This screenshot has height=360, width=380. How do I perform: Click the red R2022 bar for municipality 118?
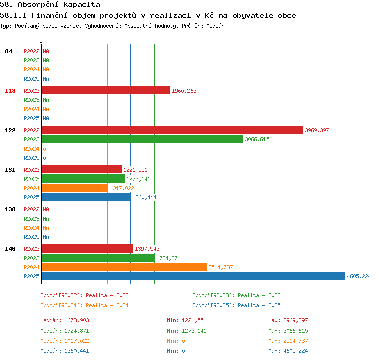pyautogui.click(x=106, y=90)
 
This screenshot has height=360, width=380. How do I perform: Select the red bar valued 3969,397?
pyautogui.click(x=172, y=130)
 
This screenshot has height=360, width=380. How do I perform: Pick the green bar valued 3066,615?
pyautogui.click(x=142, y=139)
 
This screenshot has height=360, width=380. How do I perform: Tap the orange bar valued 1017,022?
pyautogui.click(x=74, y=188)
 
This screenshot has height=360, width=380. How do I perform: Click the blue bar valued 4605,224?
pyautogui.click(x=193, y=276)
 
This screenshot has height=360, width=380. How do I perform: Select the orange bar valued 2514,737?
pyautogui.click(x=124, y=267)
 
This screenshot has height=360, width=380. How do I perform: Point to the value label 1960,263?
pyautogui.click(x=184, y=91)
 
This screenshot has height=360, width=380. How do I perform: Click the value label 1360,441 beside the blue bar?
pyautogui.click(x=144, y=197)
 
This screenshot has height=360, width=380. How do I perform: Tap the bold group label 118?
pyautogui.click(x=10, y=91)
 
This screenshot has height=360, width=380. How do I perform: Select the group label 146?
pyautogui.click(x=10, y=249)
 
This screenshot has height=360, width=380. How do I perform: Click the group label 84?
pyautogui.click(x=8, y=51)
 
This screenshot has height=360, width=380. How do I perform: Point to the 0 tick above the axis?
pyautogui.click(x=41, y=41)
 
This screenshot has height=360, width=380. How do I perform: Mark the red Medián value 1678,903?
pyautogui.click(x=77, y=320)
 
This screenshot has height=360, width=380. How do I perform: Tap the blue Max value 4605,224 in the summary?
pyautogui.click(x=295, y=351)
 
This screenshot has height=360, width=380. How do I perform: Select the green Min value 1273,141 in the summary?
pyautogui.click(x=194, y=331)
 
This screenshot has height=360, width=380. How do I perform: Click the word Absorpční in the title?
pyautogui.click(x=38, y=5)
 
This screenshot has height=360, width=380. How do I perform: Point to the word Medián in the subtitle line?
pyautogui.click(x=215, y=26)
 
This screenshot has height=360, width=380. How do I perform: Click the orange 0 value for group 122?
pyautogui.click(x=45, y=149)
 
